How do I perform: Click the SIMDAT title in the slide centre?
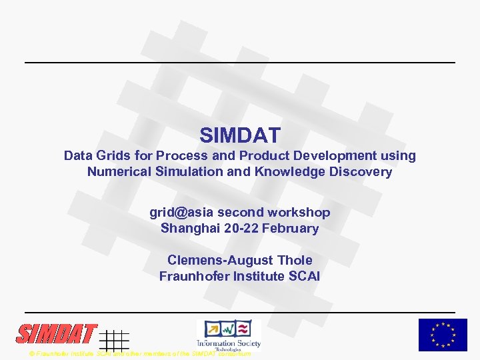tap(240, 135)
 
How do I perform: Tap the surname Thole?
tap(295, 260)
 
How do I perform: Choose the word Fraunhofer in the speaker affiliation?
tap(193, 276)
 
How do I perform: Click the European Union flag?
tap(443, 335)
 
